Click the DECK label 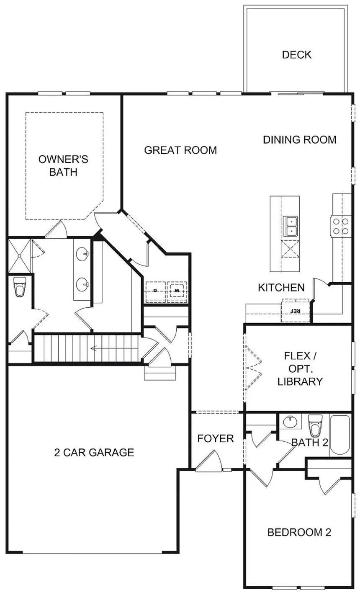click(x=296, y=55)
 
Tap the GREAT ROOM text click(x=180, y=150)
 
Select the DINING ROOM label click(x=299, y=139)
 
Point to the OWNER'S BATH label click(x=63, y=165)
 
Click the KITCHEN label click(x=281, y=288)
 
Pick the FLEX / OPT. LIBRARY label click(x=300, y=368)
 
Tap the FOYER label click(x=216, y=438)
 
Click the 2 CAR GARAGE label click(x=94, y=452)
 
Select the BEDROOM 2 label click(x=299, y=532)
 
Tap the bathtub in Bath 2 click(x=340, y=435)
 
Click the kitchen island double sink click(x=290, y=226)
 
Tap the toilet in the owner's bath click(x=20, y=287)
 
